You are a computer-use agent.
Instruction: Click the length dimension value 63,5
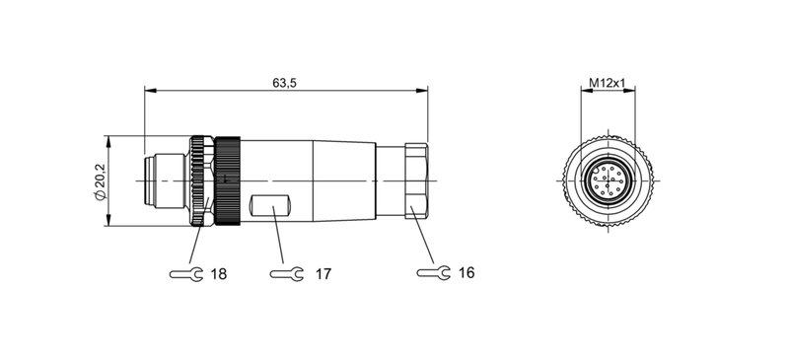(285, 83)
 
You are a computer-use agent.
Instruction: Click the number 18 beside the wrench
(218, 273)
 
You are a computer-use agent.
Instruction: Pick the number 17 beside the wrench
(322, 273)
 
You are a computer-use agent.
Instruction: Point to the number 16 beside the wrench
(466, 272)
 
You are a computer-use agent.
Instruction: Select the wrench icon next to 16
(433, 272)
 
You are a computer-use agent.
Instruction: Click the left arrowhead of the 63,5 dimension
(149, 92)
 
